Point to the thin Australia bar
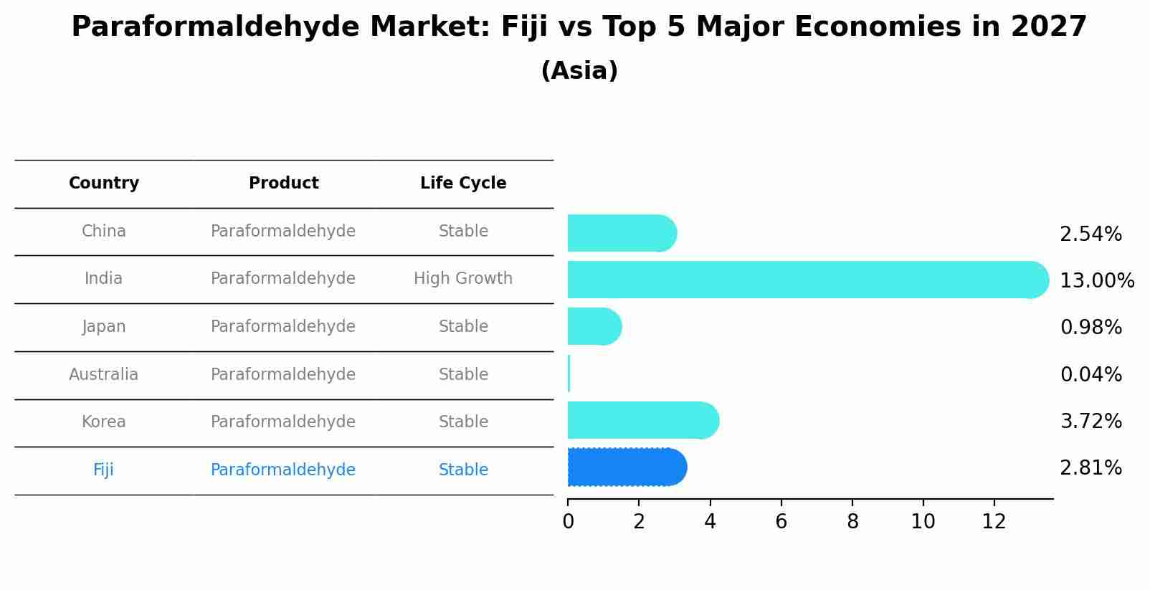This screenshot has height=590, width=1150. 569,373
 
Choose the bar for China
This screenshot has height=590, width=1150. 621,233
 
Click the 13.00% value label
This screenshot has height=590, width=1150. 1096,280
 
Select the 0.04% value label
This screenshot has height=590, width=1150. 1090,374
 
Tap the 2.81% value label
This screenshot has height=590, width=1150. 1090,468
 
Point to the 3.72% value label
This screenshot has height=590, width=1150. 1090,421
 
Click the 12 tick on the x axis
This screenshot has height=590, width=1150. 994,522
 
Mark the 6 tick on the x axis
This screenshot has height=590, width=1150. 781,522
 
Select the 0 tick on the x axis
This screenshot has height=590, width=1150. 568,522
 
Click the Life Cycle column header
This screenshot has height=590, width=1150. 463,184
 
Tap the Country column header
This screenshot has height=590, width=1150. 104,184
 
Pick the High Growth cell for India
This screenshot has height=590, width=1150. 463,278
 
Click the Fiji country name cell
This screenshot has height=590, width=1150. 103,470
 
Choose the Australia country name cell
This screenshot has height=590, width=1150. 103,374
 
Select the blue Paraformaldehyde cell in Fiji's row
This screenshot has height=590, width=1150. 283,470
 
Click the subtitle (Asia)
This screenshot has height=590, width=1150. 579,71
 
